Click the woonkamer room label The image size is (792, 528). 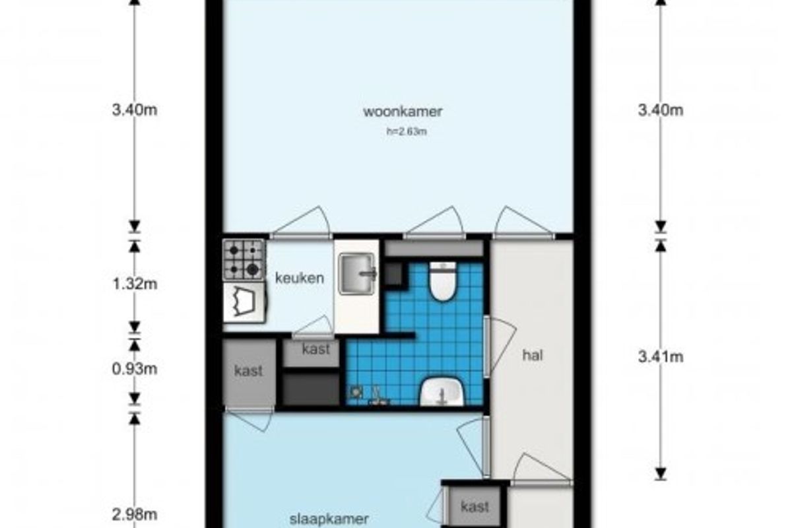pos(403,112)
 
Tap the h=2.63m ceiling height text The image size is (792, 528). pos(407,131)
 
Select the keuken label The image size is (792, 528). pos(300,279)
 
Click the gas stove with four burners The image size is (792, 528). pos(244,260)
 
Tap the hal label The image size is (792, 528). pos(533,356)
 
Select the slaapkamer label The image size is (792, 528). pos(329,519)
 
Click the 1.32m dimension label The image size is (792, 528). pos(135,284)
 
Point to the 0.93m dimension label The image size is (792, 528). pos(135,369)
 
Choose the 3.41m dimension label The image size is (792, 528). pos(661,357)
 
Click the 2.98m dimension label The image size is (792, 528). pos(135,515)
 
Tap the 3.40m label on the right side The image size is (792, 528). pos(661,110)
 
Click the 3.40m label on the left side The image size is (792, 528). pos(135,110)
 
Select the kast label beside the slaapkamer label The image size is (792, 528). pos(475,507)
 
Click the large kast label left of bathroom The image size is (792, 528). pos(249,371)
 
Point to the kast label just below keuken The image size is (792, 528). pos(316,349)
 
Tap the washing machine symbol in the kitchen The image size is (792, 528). pos(244,302)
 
